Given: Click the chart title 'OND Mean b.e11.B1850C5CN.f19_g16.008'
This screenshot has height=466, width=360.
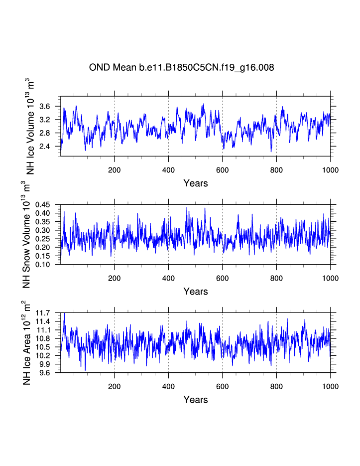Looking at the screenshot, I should (x=181, y=67).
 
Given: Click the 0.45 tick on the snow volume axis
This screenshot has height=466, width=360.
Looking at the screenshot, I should (x=48, y=205).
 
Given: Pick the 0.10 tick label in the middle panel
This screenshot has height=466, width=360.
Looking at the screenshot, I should (x=48, y=265).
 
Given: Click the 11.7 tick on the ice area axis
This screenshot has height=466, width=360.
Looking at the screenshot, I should (x=48, y=313).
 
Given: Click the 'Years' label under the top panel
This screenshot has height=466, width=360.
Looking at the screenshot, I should (x=195, y=183).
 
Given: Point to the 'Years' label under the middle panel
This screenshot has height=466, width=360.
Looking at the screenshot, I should (x=195, y=292).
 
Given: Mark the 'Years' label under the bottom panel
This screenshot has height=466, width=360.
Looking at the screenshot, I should (x=195, y=400).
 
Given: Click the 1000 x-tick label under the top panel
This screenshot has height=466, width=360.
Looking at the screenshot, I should (x=330, y=170).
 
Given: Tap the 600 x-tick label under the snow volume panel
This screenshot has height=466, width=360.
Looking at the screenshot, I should (x=222, y=278).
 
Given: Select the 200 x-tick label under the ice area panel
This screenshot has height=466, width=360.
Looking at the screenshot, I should (x=115, y=386).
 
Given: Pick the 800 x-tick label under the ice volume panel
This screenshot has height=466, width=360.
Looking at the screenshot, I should (x=276, y=170).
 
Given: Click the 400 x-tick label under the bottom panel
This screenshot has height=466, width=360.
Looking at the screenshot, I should (x=168, y=386).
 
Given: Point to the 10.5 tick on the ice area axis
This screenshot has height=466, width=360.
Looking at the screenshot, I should (x=48, y=347).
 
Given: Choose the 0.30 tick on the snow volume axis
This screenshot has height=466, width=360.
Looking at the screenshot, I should (x=48, y=230).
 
